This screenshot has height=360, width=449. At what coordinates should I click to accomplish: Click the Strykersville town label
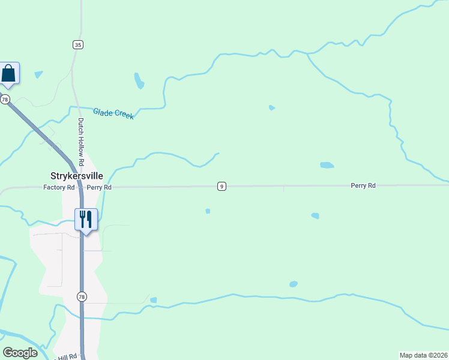pyautogui.click(x=76, y=176)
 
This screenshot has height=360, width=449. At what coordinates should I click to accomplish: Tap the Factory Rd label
pyautogui.click(x=59, y=187)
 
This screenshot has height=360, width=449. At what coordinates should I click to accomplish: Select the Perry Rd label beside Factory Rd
pyautogui.click(x=99, y=187)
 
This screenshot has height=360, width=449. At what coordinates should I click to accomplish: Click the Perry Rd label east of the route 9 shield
pyautogui.click(x=363, y=186)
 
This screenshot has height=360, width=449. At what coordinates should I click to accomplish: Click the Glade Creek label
pyautogui.click(x=113, y=113)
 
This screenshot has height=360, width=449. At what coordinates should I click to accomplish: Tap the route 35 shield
pyautogui.click(x=78, y=44)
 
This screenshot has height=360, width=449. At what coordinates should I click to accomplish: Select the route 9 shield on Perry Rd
pyautogui.click(x=222, y=187)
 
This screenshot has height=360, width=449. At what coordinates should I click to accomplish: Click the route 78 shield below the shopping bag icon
pyautogui.click(x=5, y=100)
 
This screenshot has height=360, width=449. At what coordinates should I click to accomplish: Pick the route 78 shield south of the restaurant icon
pyautogui.click(x=82, y=296)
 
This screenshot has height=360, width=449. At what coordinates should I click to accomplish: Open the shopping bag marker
pyautogui.click(x=9, y=73)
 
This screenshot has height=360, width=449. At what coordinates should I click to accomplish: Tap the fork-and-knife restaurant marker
pyautogui.click(x=85, y=219)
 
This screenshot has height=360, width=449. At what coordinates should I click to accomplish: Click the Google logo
pyautogui.click(x=20, y=353)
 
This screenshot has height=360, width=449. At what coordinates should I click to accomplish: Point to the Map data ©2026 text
pyautogui.click(x=423, y=355)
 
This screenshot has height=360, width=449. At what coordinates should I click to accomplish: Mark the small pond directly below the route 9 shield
pyautogui.click(x=208, y=211)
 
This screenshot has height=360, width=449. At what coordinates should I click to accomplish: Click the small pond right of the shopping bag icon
pyautogui.click(x=39, y=74)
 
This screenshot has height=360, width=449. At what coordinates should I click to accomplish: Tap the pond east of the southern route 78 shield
pyautogui.click(x=154, y=300)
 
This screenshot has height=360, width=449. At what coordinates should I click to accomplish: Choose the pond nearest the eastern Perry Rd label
pyautogui.click(x=327, y=165)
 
